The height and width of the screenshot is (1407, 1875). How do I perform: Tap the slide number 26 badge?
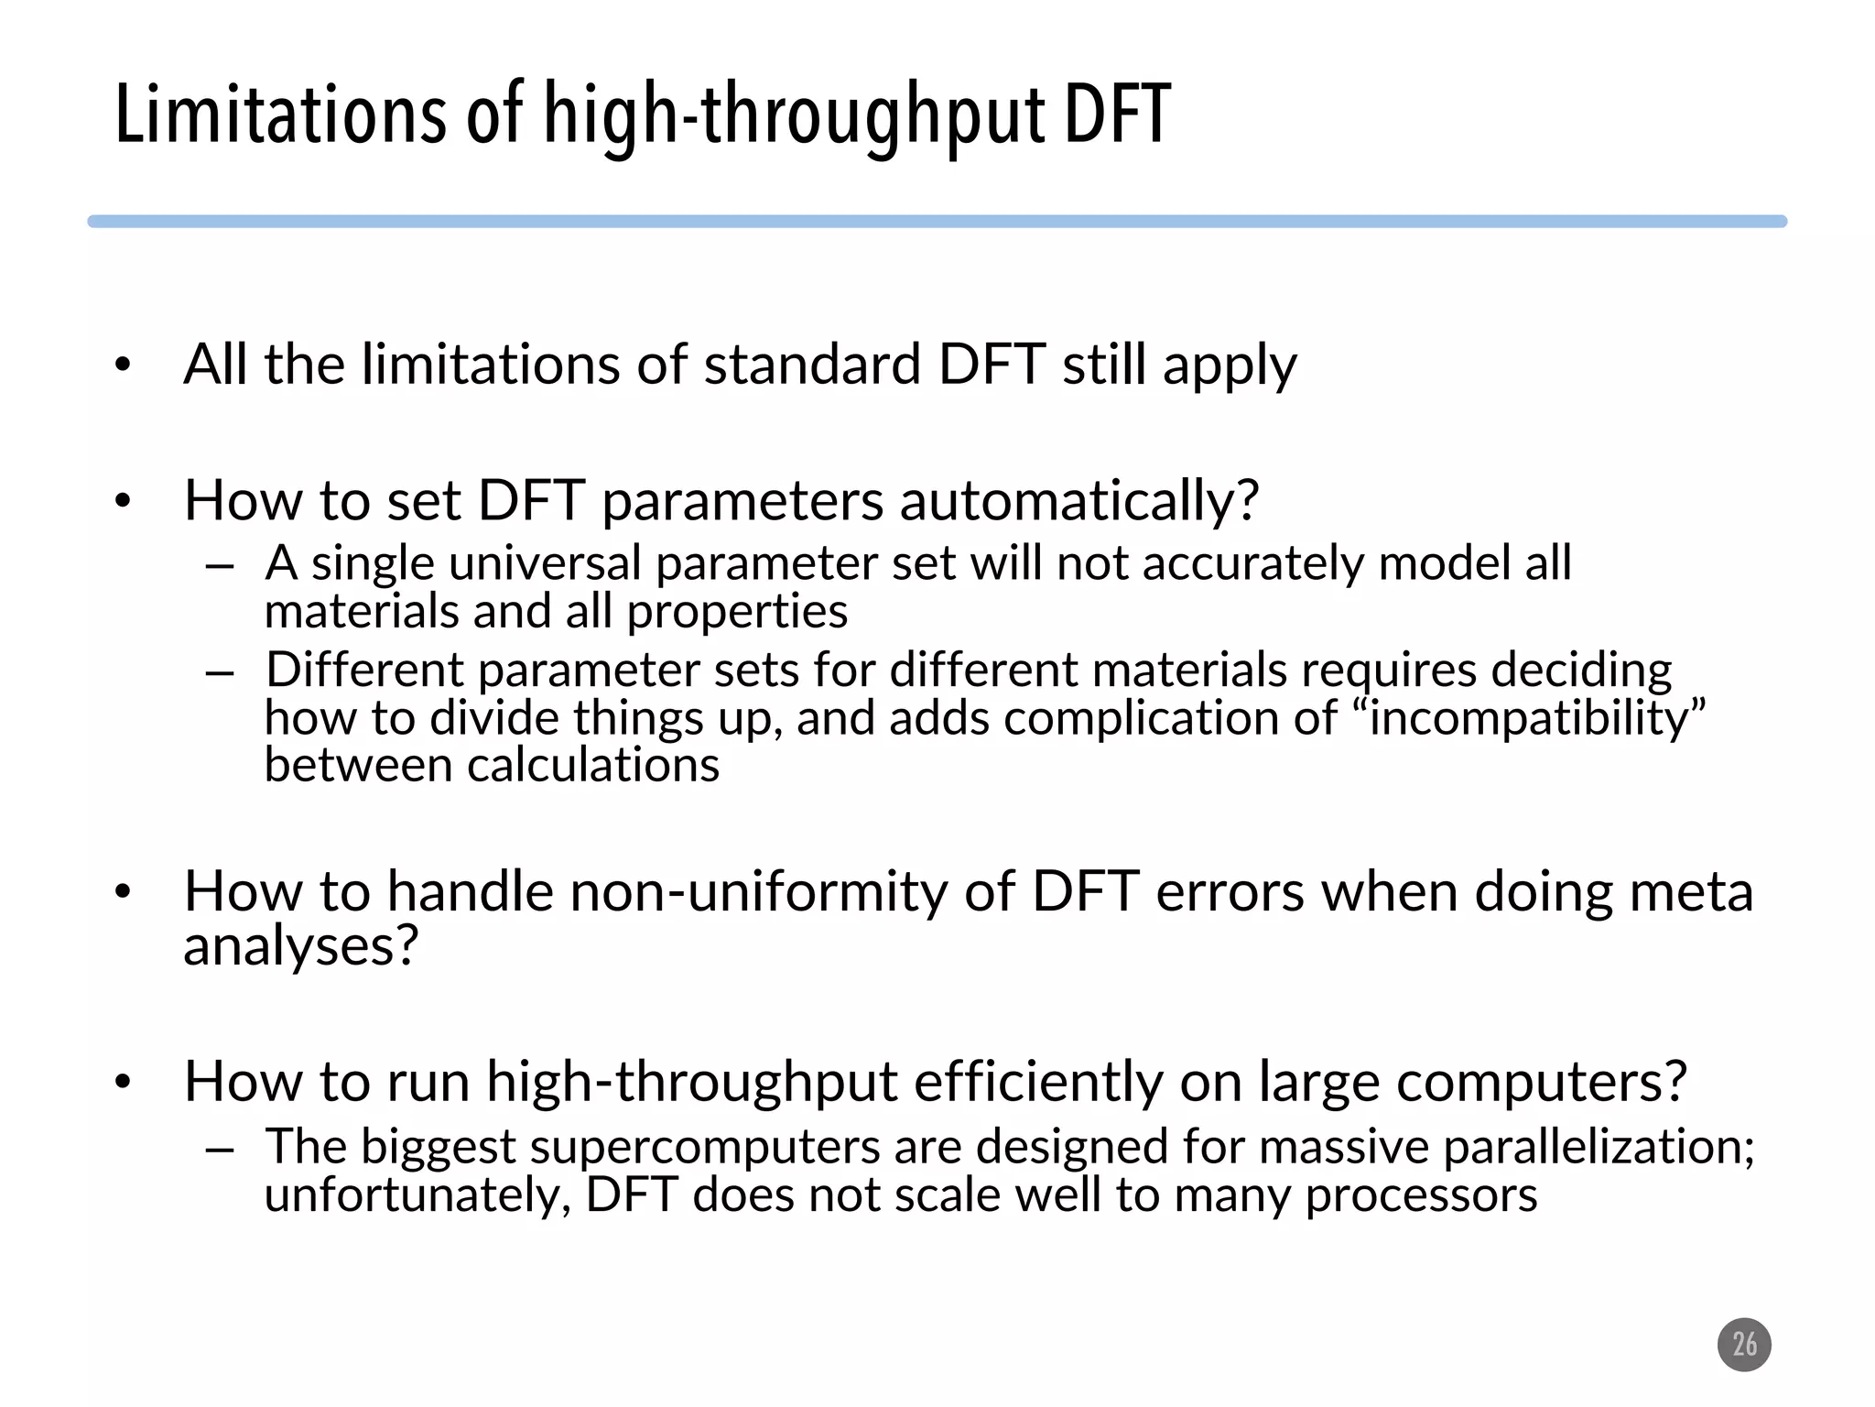[x=1744, y=1345]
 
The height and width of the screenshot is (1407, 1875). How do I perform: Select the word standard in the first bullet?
[x=812, y=365]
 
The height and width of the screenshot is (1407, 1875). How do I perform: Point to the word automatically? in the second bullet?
[x=1079, y=501]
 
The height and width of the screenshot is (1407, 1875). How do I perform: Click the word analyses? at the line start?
[x=300, y=945]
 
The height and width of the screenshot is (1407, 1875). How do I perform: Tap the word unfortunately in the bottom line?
[x=417, y=1195]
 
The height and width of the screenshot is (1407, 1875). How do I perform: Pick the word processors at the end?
[x=1421, y=1195]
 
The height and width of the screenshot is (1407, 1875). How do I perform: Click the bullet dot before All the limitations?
[x=124, y=366]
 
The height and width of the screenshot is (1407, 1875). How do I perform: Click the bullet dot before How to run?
[x=124, y=1084]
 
